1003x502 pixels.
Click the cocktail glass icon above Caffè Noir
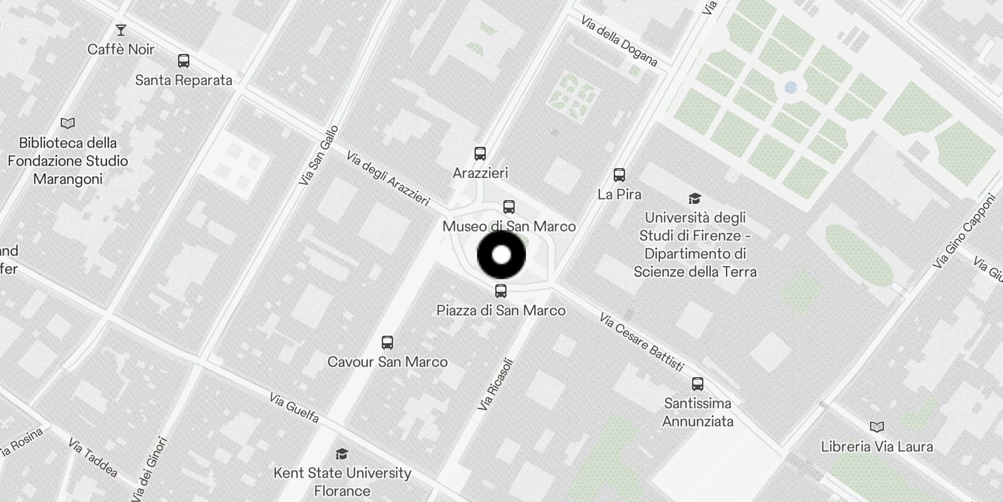(x=120, y=29)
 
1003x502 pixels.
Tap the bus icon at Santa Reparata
(x=184, y=61)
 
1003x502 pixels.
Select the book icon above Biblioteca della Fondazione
(x=68, y=123)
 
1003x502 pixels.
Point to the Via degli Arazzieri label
(x=387, y=179)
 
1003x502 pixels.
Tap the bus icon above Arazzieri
(x=480, y=154)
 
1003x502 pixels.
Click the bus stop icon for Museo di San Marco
(x=509, y=207)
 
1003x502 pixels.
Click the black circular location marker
(x=501, y=255)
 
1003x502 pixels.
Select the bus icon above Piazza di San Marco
(x=500, y=291)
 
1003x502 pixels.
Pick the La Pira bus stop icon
(x=619, y=174)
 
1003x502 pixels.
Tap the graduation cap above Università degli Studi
(x=695, y=199)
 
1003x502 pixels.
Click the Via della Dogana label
(x=619, y=41)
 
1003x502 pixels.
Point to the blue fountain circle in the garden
(x=790, y=88)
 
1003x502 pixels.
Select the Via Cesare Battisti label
(x=641, y=342)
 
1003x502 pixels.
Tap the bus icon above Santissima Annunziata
(x=698, y=384)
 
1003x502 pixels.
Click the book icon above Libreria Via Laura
(x=877, y=427)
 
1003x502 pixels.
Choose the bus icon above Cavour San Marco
(x=387, y=343)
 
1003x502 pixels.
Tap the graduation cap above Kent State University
(x=342, y=454)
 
